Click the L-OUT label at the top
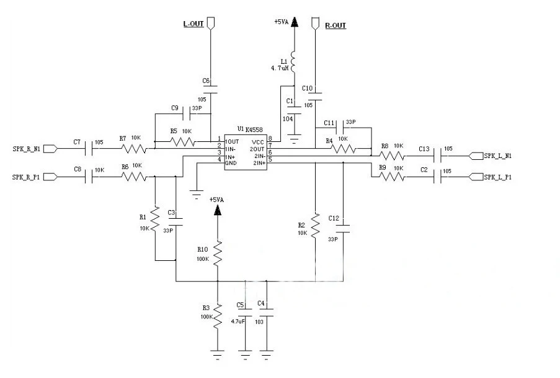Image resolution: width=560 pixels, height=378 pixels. coord(193,24)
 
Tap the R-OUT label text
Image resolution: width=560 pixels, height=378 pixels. coord(336,25)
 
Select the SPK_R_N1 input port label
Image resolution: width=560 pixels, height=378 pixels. coord(27,149)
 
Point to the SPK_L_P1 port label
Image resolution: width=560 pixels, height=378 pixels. coord(497,177)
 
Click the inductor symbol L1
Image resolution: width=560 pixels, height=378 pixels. coord(293,63)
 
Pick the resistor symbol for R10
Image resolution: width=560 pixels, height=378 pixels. coord(218,253)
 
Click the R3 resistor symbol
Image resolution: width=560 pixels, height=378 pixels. coord(218,317)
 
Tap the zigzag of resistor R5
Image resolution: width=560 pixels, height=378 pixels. coord(183,142)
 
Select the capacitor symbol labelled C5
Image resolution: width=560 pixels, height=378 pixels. coord(245,313)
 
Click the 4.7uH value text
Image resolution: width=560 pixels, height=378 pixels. coord(280,68)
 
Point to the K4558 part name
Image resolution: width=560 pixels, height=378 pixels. coord(254,130)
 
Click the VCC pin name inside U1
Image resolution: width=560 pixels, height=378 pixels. coord(258,142)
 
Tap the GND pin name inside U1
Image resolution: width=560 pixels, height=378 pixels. coord(231,163)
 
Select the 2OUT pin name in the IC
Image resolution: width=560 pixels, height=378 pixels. coord(257,149)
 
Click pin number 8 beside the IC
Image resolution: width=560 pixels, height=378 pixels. coord(270,138)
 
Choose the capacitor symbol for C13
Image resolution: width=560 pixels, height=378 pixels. coord(437,156)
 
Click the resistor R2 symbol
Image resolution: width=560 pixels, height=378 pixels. coord(316,226)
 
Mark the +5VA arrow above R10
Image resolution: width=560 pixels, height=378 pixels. coord(218,210)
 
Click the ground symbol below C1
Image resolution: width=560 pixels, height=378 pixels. coord(295,138)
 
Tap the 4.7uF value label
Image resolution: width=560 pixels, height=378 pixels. coord(238,321)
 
